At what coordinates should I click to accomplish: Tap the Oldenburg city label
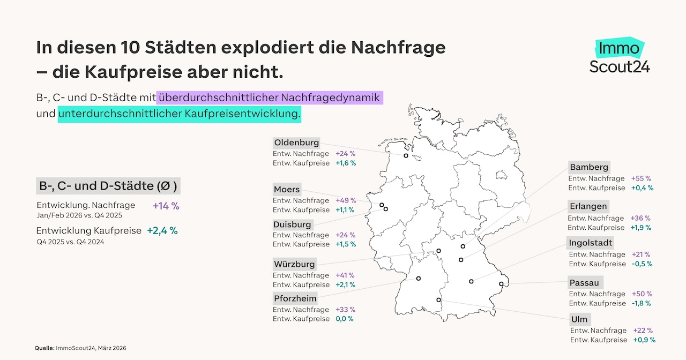pos(296,142)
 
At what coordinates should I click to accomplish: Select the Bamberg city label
pos(589,167)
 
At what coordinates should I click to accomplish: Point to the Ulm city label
pos(579,319)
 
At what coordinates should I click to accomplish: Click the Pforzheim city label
pos(295,298)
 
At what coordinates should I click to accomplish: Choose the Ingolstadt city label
pos(591,243)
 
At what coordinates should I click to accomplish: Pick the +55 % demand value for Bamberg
pos(642,178)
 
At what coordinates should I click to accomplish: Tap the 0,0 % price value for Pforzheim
pos(345,319)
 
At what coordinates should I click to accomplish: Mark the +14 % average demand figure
pos(166,205)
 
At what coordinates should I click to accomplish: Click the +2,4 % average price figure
pos(162,231)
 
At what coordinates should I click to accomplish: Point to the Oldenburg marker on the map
pos(406,156)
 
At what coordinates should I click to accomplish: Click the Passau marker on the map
pos(501,284)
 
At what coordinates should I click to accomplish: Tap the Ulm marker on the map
pos(439,300)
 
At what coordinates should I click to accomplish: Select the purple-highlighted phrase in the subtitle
pos(270,98)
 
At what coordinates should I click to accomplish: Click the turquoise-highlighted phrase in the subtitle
pos(180,114)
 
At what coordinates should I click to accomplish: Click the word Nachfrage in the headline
pos(398,48)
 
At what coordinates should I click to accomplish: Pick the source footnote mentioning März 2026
pos(80,348)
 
